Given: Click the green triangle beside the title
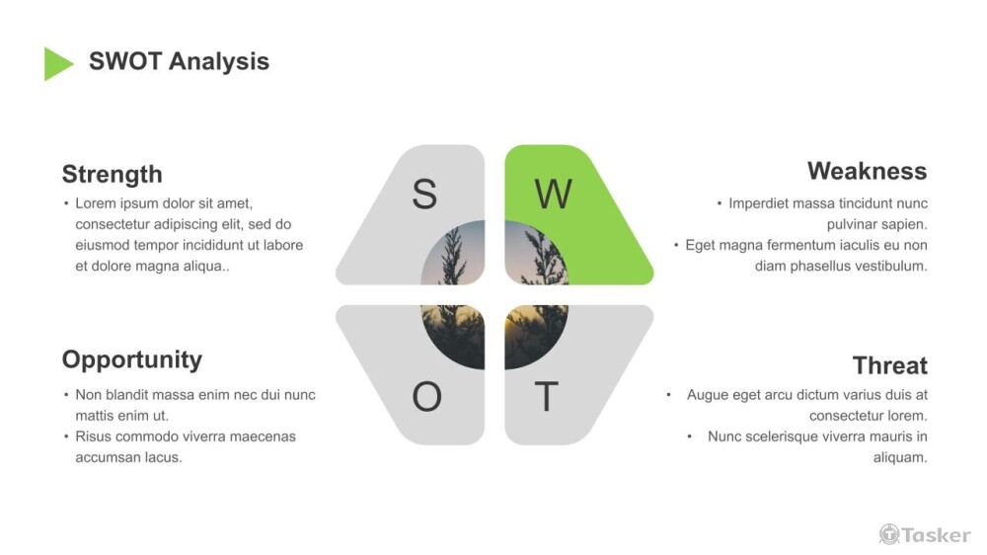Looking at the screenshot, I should [x=56, y=63].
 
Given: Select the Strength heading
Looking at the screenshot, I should [x=112, y=175].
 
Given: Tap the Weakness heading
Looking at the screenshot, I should [x=867, y=171].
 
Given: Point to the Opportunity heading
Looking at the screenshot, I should [x=131, y=359].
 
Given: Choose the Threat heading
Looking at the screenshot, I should [x=889, y=365].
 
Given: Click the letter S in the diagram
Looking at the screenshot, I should [x=424, y=195].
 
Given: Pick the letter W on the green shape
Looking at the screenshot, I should [x=553, y=195].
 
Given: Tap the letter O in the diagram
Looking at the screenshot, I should [x=426, y=397].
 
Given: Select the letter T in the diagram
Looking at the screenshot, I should [x=546, y=397].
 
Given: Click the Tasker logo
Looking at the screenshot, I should [x=925, y=534].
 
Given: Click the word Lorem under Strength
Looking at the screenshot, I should [x=95, y=203].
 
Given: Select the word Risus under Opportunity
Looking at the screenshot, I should [x=94, y=436].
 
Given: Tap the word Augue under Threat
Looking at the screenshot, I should [x=708, y=395].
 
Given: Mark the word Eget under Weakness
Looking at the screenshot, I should [x=700, y=245].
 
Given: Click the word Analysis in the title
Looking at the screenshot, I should [x=218, y=61].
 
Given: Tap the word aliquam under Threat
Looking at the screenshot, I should [x=900, y=457].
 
